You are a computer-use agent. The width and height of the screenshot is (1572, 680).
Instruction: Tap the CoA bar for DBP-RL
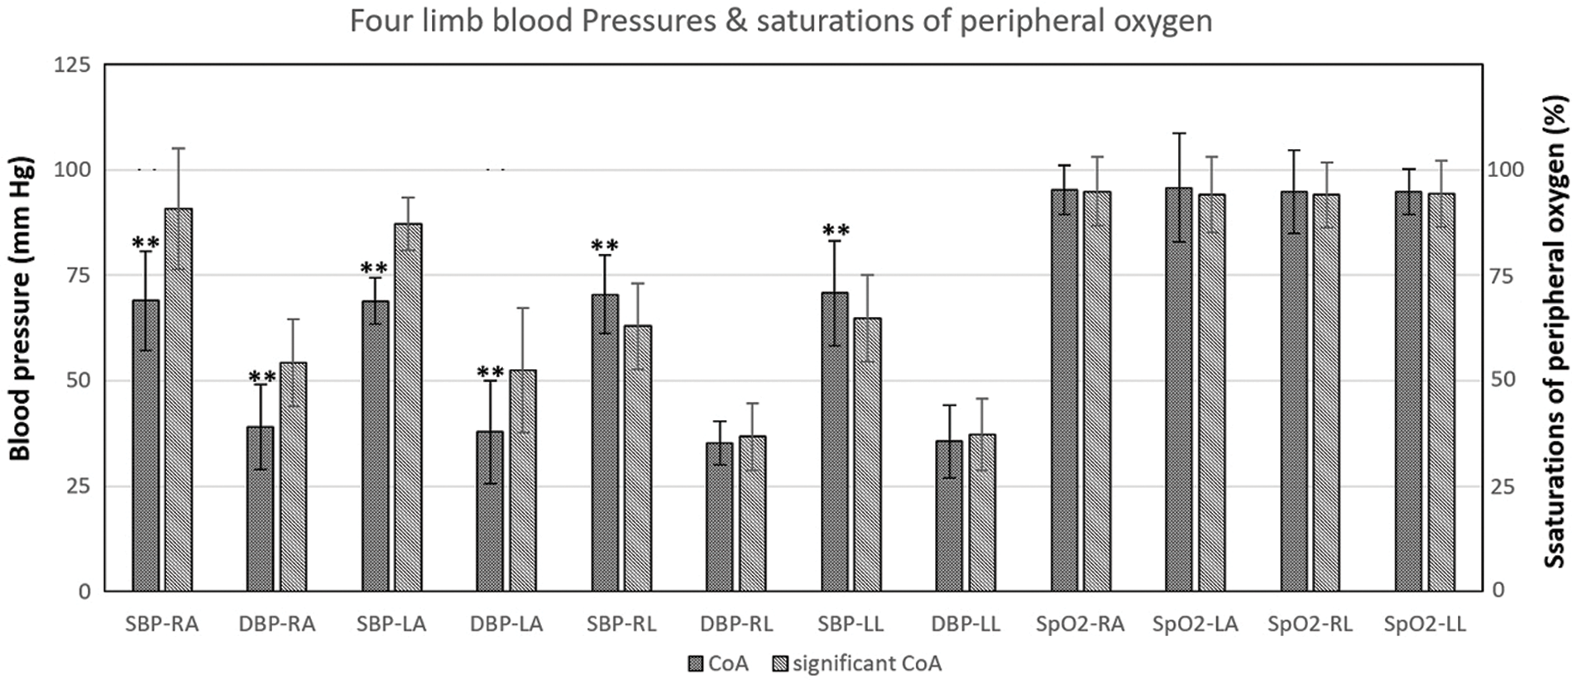[720, 516]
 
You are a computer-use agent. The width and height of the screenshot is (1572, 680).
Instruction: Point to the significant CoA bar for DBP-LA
[523, 480]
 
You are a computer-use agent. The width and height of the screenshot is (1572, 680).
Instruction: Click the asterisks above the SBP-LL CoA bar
[836, 231]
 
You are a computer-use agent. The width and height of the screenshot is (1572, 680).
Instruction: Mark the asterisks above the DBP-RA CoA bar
[261, 377]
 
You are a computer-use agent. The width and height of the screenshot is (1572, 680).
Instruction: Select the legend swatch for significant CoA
[779, 663]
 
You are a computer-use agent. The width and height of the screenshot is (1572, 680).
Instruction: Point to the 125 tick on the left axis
[73, 65]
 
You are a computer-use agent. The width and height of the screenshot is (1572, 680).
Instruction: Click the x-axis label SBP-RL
[621, 625]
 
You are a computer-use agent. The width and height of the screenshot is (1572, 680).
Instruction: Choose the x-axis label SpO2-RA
[1080, 625]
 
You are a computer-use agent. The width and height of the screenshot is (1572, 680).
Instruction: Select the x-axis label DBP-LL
[966, 625]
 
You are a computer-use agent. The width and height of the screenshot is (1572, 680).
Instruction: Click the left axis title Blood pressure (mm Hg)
[20, 308]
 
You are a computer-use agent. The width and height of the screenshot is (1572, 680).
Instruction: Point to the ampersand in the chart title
[736, 21]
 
